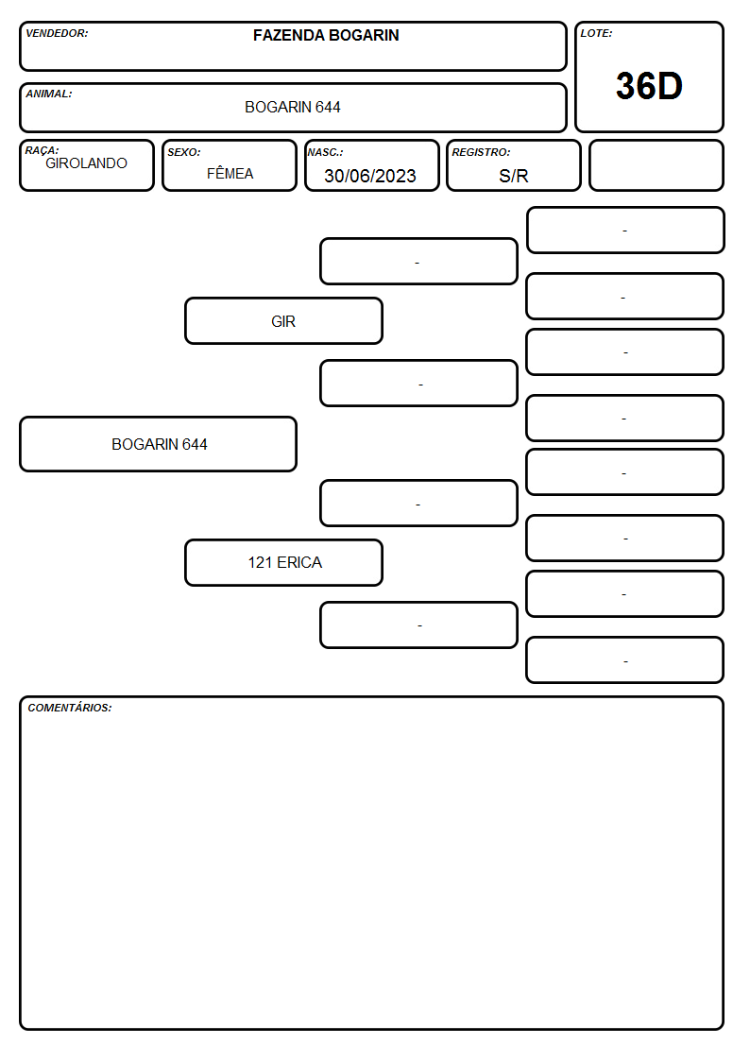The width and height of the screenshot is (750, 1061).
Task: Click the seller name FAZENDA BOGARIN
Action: tap(326, 35)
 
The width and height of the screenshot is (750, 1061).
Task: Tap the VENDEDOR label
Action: tap(57, 33)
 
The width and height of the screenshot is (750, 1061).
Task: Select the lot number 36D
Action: tap(649, 86)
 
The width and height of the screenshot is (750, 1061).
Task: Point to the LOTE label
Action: tap(596, 33)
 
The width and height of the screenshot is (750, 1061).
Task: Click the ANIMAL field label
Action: tap(49, 94)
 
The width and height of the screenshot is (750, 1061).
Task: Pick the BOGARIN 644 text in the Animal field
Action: tap(293, 107)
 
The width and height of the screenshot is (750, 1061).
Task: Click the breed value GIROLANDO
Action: tap(87, 163)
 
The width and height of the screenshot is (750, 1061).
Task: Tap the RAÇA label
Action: tap(42, 150)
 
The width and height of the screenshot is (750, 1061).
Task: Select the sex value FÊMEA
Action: tap(230, 173)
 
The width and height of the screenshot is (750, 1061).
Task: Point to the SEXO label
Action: tap(184, 152)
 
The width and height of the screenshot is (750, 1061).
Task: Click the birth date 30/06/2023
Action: tap(370, 176)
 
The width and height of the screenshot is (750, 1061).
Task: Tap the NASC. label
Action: tap(325, 152)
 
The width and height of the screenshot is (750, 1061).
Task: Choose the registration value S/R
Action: tap(513, 176)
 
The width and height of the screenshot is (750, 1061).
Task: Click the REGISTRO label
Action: tap(481, 152)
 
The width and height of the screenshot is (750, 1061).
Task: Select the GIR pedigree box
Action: tap(284, 320)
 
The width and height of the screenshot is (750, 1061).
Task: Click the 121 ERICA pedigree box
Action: tap(284, 562)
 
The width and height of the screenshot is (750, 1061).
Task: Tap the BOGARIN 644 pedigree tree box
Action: tap(159, 444)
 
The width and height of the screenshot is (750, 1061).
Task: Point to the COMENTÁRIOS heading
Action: tap(70, 708)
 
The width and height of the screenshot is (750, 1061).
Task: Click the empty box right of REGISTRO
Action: tap(656, 165)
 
